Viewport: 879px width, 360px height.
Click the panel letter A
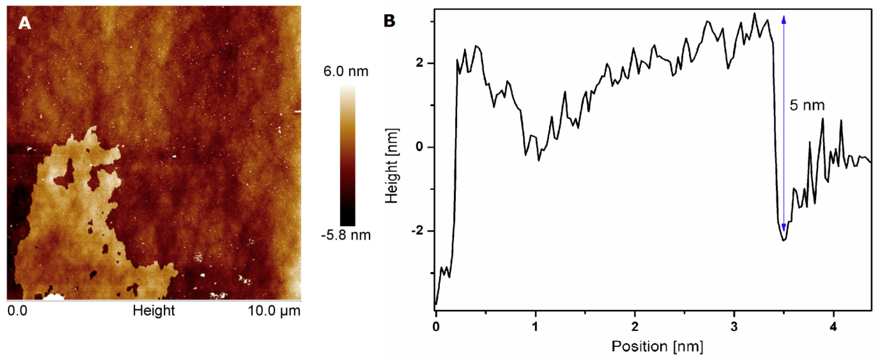click(24, 23)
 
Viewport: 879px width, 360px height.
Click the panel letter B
click(389, 21)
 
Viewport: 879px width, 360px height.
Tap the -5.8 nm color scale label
click(345, 235)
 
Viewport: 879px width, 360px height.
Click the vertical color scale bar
click(347, 155)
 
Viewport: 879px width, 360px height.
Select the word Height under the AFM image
click(154, 311)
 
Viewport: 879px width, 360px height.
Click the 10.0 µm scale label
click(274, 311)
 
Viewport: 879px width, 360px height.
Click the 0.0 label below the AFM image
click(17, 311)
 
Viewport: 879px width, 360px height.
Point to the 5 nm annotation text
click(807, 105)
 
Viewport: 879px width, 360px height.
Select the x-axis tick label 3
click(734, 327)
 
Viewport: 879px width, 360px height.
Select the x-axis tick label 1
click(535, 327)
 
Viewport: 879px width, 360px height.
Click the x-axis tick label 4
click(833, 327)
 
